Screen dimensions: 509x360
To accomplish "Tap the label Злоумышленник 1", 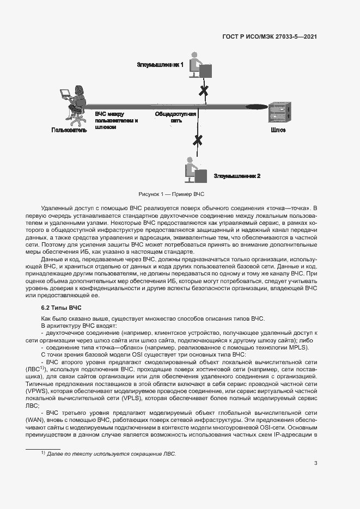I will [x=160, y=64].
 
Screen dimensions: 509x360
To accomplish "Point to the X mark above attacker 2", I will [x=198, y=140].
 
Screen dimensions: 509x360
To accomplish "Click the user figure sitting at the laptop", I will [x=74, y=103].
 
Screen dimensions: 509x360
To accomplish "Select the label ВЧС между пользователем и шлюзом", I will [x=117, y=120].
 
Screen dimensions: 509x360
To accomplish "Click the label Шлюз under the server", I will [x=278, y=130].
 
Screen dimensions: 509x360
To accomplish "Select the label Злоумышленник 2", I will [x=237, y=176].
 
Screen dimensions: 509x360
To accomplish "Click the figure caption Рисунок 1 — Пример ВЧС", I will [x=171, y=194].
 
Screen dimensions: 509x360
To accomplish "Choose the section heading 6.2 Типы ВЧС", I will [x=57, y=308].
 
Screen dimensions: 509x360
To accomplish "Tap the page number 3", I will [x=315, y=463].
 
